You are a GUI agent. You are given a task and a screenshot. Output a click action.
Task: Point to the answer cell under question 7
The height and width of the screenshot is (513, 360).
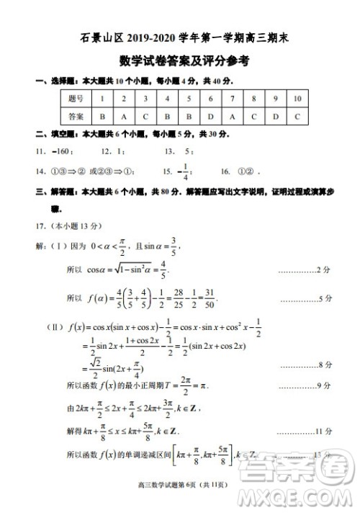pyautogui.click(x=233, y=115)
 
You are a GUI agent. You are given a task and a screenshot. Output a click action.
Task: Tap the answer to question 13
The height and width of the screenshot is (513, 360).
pyautogui.click(x=188, y=151)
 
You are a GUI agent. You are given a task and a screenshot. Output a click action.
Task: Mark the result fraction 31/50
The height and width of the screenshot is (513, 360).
pyautogui.click(x=208, y=297)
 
